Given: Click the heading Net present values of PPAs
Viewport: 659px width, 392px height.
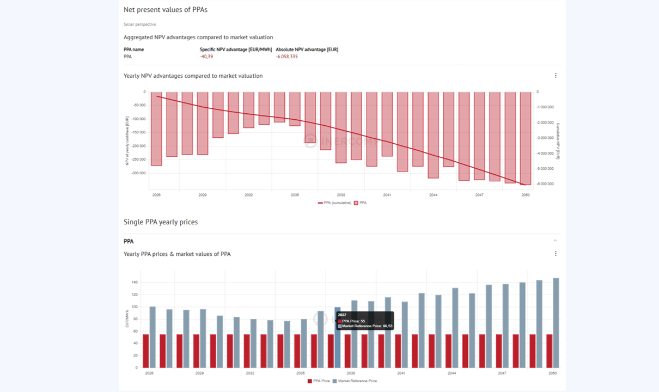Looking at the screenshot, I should [x=165, y=10].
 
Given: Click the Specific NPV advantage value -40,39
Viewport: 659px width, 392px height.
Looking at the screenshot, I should [x=206, y=57].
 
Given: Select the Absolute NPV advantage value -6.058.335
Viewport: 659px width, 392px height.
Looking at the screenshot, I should [x=286, y=57].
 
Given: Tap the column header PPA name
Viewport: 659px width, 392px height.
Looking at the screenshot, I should [x=133, y=50].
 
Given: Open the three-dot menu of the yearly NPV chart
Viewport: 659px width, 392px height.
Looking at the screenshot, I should [x=556, y=76].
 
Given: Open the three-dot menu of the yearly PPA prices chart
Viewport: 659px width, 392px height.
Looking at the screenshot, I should [x=556, y=254].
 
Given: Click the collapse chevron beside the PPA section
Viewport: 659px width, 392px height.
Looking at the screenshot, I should [x=555, y=241].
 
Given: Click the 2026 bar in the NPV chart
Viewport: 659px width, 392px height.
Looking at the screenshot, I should [x=156, y=128].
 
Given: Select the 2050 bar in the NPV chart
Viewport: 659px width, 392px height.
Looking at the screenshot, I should [x=526, y=138].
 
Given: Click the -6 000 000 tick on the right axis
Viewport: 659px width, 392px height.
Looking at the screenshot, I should [x=545, y=184].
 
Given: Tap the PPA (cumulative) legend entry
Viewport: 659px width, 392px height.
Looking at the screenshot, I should [x=334, y=203].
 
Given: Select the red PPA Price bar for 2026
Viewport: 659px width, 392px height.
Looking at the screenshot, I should [x=146, y=351].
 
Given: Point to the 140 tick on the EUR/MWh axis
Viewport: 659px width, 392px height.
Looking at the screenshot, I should [x=133, y=283].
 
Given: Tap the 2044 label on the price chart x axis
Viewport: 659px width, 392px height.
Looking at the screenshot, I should [x=451, y=373].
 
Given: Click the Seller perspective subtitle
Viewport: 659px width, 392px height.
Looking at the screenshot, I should [x=139, y=24].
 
